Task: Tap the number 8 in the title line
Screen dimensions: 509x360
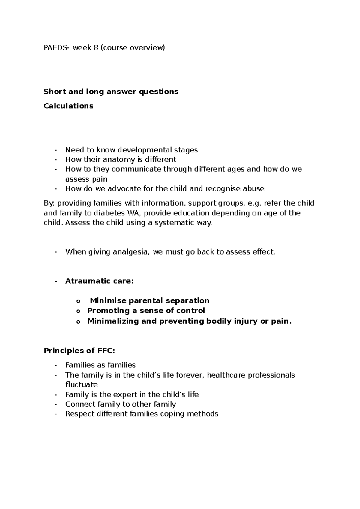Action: (95, 48)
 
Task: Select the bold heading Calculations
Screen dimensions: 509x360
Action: (68, 106)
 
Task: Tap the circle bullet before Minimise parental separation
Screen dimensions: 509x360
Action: (79, 301)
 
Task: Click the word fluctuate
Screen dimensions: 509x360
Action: (81, 385)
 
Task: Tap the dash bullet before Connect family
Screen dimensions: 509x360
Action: (55, 404)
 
